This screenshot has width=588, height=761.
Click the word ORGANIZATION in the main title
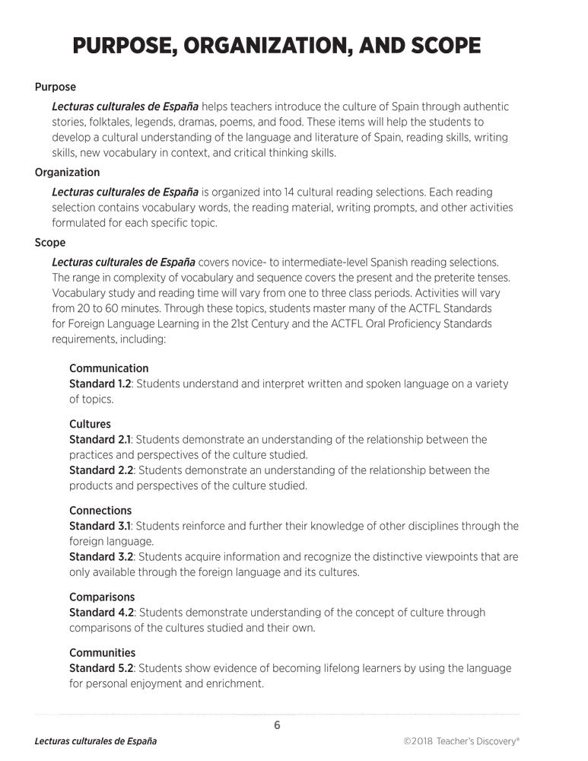coord(259,46)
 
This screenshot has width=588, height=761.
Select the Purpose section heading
coord(56,88)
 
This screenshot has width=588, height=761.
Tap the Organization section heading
coord(67,173)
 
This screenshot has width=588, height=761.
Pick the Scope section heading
coord(50,243)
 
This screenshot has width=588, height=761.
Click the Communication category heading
coord(109,368)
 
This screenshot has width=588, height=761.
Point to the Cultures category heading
coord(90,424)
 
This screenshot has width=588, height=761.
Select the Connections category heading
coord(100,511)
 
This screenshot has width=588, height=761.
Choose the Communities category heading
coord(103,653)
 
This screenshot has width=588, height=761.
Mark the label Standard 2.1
coord(100,440)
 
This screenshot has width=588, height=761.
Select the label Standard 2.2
coord(100,470)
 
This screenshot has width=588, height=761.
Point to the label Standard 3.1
coord(100,526)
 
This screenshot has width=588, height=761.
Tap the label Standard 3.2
coord(100,557)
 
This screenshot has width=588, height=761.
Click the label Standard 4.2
coord(100,613)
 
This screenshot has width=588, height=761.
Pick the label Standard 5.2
coord(100,668)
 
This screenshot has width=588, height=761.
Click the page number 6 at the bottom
coord(277,725)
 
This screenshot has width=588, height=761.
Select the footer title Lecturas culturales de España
coord(96,741)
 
